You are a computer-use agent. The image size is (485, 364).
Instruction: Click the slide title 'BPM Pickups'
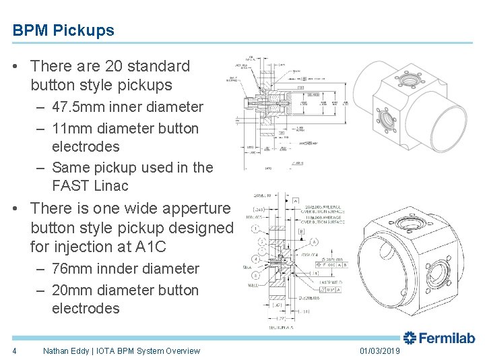[63, 30]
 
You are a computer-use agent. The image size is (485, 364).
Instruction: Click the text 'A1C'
[174, 247]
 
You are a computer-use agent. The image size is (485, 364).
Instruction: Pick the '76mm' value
[72, 268]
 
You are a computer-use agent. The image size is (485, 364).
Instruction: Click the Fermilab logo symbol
[411, 338]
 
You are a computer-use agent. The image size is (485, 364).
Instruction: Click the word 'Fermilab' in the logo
[449, 338]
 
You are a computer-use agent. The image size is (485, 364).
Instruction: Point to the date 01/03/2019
[380, 351]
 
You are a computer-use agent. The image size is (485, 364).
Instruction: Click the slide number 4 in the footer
[14, 351]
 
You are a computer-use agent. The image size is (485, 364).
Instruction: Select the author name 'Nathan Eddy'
[68, 351]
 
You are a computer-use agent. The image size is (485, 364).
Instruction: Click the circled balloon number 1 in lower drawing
[257, 229]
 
